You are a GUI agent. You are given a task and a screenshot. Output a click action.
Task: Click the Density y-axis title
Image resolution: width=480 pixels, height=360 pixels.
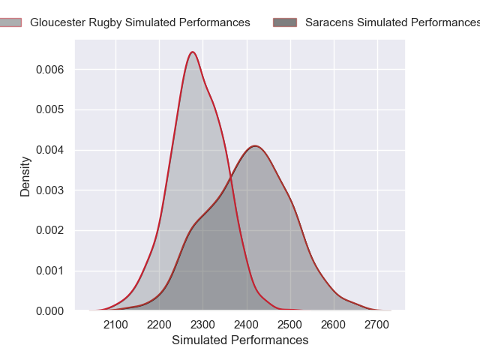[x=25, y=176]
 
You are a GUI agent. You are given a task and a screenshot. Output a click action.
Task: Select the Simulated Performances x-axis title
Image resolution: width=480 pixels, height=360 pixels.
[x=240, y=340]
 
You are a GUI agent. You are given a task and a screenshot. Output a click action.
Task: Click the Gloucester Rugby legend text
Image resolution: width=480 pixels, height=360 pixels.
[x=140, y=22]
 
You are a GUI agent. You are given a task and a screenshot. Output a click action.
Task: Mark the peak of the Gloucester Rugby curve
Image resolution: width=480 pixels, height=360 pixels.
[x=193, y=52]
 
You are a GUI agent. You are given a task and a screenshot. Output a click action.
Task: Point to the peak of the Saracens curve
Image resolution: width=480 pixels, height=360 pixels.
[x=255, y=145]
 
